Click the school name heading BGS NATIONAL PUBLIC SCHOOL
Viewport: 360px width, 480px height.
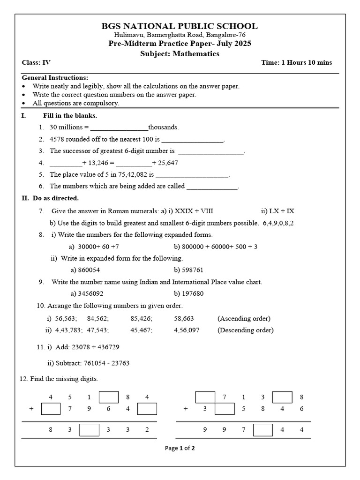180,26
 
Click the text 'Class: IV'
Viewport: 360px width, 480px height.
36,63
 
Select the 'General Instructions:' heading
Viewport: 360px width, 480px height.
55,78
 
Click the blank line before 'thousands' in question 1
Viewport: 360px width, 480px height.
119,127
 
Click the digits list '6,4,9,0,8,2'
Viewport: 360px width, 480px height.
278,223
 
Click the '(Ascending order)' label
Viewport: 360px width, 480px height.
244,318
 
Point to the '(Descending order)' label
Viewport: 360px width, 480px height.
245,330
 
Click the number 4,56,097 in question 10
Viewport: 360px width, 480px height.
187,330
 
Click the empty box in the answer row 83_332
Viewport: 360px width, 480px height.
89,430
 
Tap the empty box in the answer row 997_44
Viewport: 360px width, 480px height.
263,430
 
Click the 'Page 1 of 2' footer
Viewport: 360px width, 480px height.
180,448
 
